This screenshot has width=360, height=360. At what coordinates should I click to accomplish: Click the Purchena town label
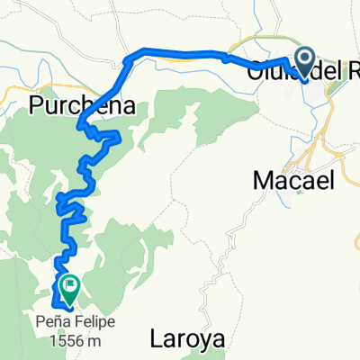pos(83,105)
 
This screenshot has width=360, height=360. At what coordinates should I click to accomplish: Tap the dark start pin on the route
pos(304,61)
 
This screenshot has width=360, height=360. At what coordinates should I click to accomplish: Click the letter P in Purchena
pos(37,105)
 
